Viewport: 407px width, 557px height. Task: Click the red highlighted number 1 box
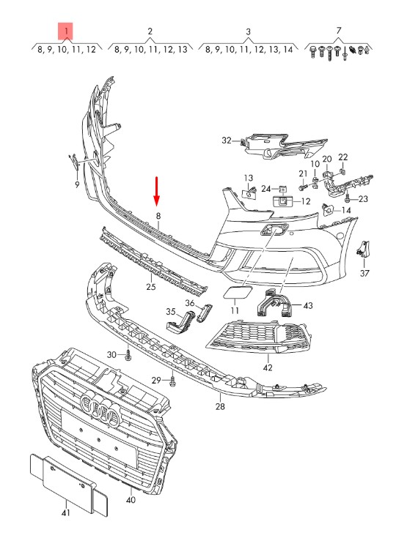click(x=66, y=31)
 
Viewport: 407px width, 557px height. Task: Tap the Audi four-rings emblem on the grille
click(x=100, y=409)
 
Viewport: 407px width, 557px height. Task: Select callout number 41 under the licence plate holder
click(x=66, y=512)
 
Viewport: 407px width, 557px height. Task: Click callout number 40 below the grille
click(x=131, y=500)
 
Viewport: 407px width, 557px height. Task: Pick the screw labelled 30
click(x=128, y=354)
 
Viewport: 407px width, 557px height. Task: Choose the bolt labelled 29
click(x=173, y=381)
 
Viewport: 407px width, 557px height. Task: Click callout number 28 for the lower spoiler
click(x=220, y=406)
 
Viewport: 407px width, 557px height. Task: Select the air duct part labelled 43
click(x=273, y=303)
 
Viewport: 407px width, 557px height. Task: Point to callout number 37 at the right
click(x=364, y=273)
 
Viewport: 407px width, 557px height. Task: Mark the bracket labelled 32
click(x=285, y=146)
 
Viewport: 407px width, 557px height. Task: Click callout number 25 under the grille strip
click(x=151, y=286)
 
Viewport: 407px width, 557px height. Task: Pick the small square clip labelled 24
click(x=283, y=189)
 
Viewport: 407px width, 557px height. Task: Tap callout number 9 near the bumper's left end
click(x=77, y=184)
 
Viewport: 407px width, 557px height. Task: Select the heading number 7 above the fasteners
click(x=339, y=31)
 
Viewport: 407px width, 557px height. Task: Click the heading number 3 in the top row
click(x=249, y=31)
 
